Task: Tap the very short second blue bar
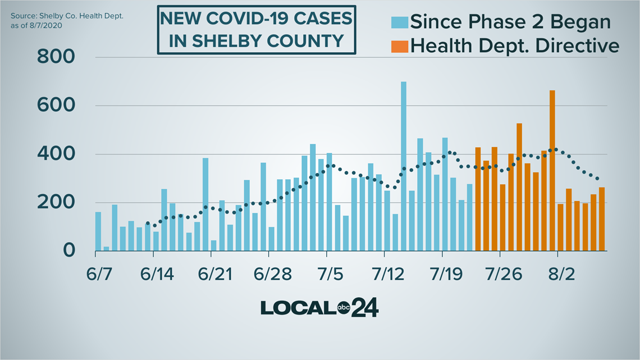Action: [106, 248]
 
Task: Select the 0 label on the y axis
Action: [69, 251]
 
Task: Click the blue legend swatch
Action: [399, 22]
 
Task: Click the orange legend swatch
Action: [399, 45]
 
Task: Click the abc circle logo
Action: [344, 307]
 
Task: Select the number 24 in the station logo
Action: [365, 308]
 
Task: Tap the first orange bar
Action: [478, 199]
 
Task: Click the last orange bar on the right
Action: [602, 219]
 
